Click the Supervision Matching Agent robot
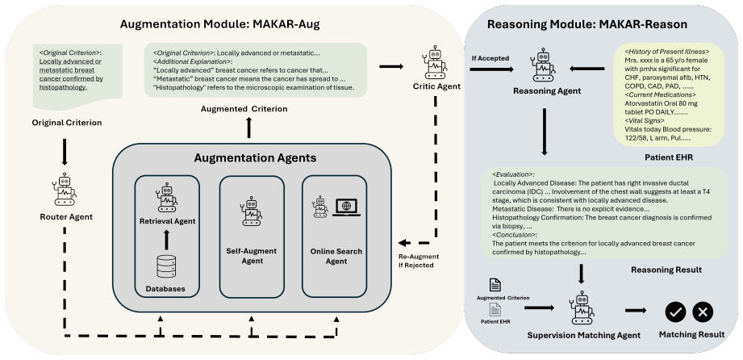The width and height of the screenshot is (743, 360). [x=582, y=308]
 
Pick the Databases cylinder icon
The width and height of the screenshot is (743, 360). [x=166, y=266]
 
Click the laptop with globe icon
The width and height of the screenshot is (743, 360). [x=346, y=207]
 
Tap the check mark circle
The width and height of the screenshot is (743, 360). [x=676, y=312]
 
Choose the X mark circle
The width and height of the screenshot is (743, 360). [x=703, y=312]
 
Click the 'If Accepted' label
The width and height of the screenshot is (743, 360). [x=490, y=59]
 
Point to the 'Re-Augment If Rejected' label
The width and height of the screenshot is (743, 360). [x=415, y=261]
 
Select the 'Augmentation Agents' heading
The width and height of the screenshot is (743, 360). [x=255, y=158]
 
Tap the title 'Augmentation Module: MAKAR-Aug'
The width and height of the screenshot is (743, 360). [x=220, y=25]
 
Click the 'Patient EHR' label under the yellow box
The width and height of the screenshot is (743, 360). [x=669, y=157]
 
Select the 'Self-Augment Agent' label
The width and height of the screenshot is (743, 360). [x=253, y=256]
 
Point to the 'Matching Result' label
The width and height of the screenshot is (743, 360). [x=691, y=335]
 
